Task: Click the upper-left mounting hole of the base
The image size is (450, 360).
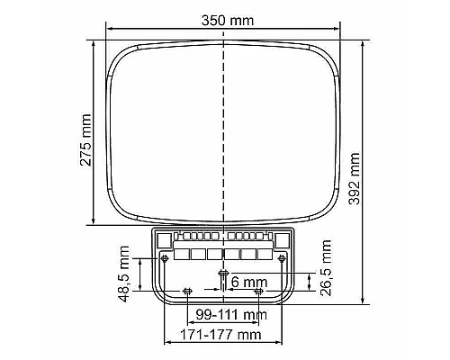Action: pyautogui.click(x=165, y=258)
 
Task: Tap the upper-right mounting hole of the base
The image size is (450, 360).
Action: pyautogui.click(x=283, y=258)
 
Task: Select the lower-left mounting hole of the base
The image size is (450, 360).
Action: pyautogui.click(x=187, y=291)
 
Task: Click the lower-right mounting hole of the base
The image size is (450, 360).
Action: pyautogui.click(x=259, y=291)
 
